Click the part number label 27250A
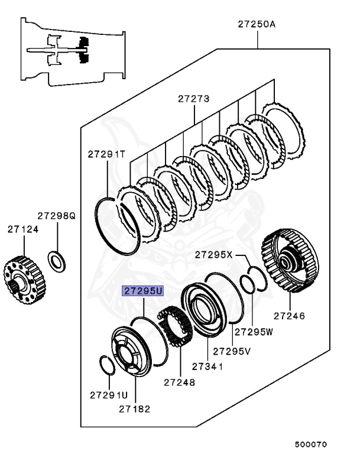click(x=257, y=24)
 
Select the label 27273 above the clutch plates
click(x=194, y=99)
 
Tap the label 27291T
click(x=107, y=154)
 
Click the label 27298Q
click(x=57, y=216)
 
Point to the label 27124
click(x=23, y=228)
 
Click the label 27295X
click(x=214, y=255)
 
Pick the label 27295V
click(x=232, y=351)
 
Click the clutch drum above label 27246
click(x=290, y=261)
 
